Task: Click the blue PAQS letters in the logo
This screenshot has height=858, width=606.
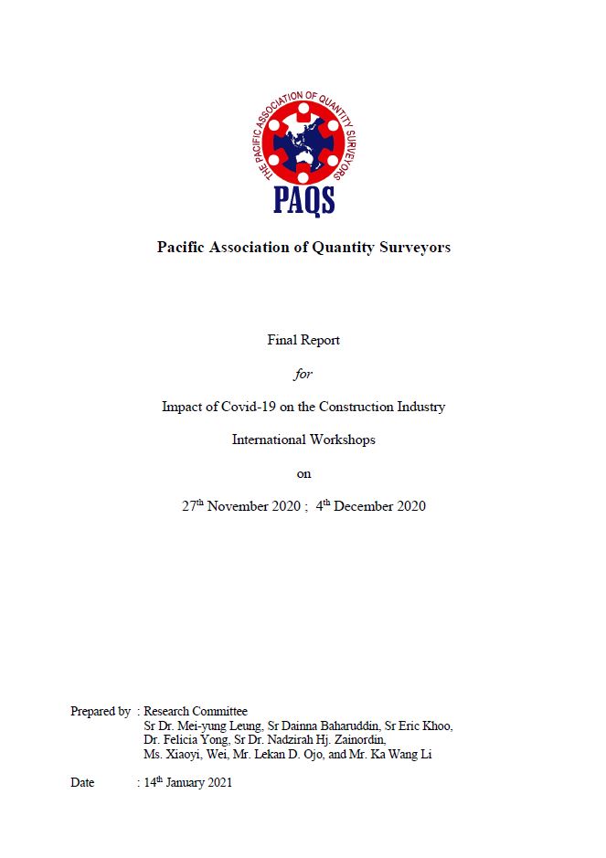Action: coord(303,198)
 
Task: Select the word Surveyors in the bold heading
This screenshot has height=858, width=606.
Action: coord(414,247)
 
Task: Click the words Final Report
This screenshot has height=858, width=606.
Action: coord(303,340)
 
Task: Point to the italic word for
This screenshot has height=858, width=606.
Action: coord(303,374)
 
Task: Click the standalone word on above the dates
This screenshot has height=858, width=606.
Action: coord(303,473)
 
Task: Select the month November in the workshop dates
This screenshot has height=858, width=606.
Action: coord(239,506)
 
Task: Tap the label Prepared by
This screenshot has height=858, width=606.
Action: coord(100,711)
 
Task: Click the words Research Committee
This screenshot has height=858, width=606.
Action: coord(196,711)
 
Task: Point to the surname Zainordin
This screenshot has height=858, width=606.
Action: coord(353,740)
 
